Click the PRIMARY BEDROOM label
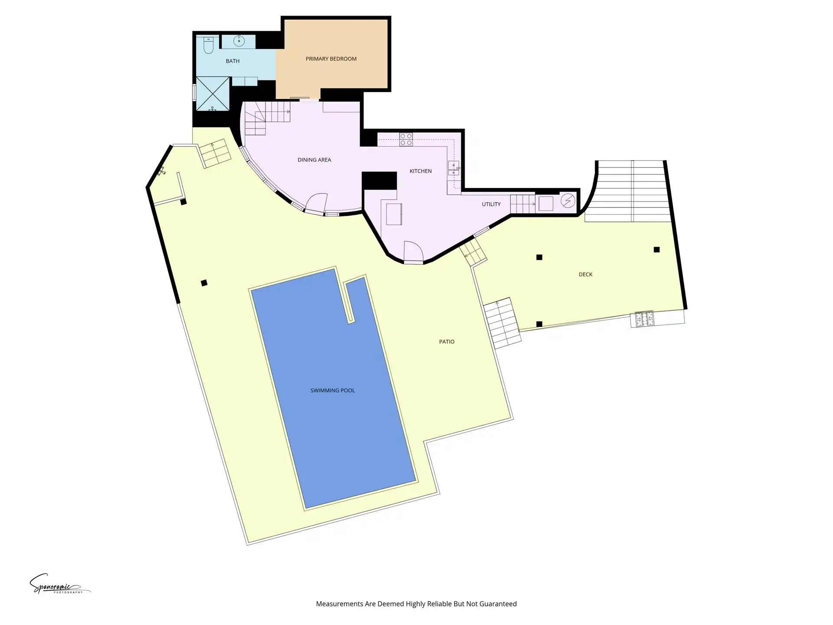pyautogui.click(x=331, y=59)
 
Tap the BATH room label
pyautogui.click(x=233, y=61)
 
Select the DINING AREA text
pyautogui.click(x=314, y=160)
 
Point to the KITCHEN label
pyautogui.click(x=420, y=171)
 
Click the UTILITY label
pyautogui.click(x=491, y=204)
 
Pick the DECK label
pyautogui.click(x=585, y=274)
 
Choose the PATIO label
pyautogui.click(x=446, y=342)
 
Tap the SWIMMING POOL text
pyautogui.click(x=333, y=390)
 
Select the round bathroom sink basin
pyautogui.click(x=239, y=41)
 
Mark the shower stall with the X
pyautogui.click(x=213, y=94)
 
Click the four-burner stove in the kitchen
pyautogui.click(x=406, y=139)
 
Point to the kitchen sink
pyautogui.click(x=453, y=168)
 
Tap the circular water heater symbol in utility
pyautogui.click(x=568, y=201)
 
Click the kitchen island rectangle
pyautogui.click(x=394, y=214)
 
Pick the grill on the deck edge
pyautogui.click(x=644, y=319)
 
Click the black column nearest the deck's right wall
pyautogui.click(x=656, y=250)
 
